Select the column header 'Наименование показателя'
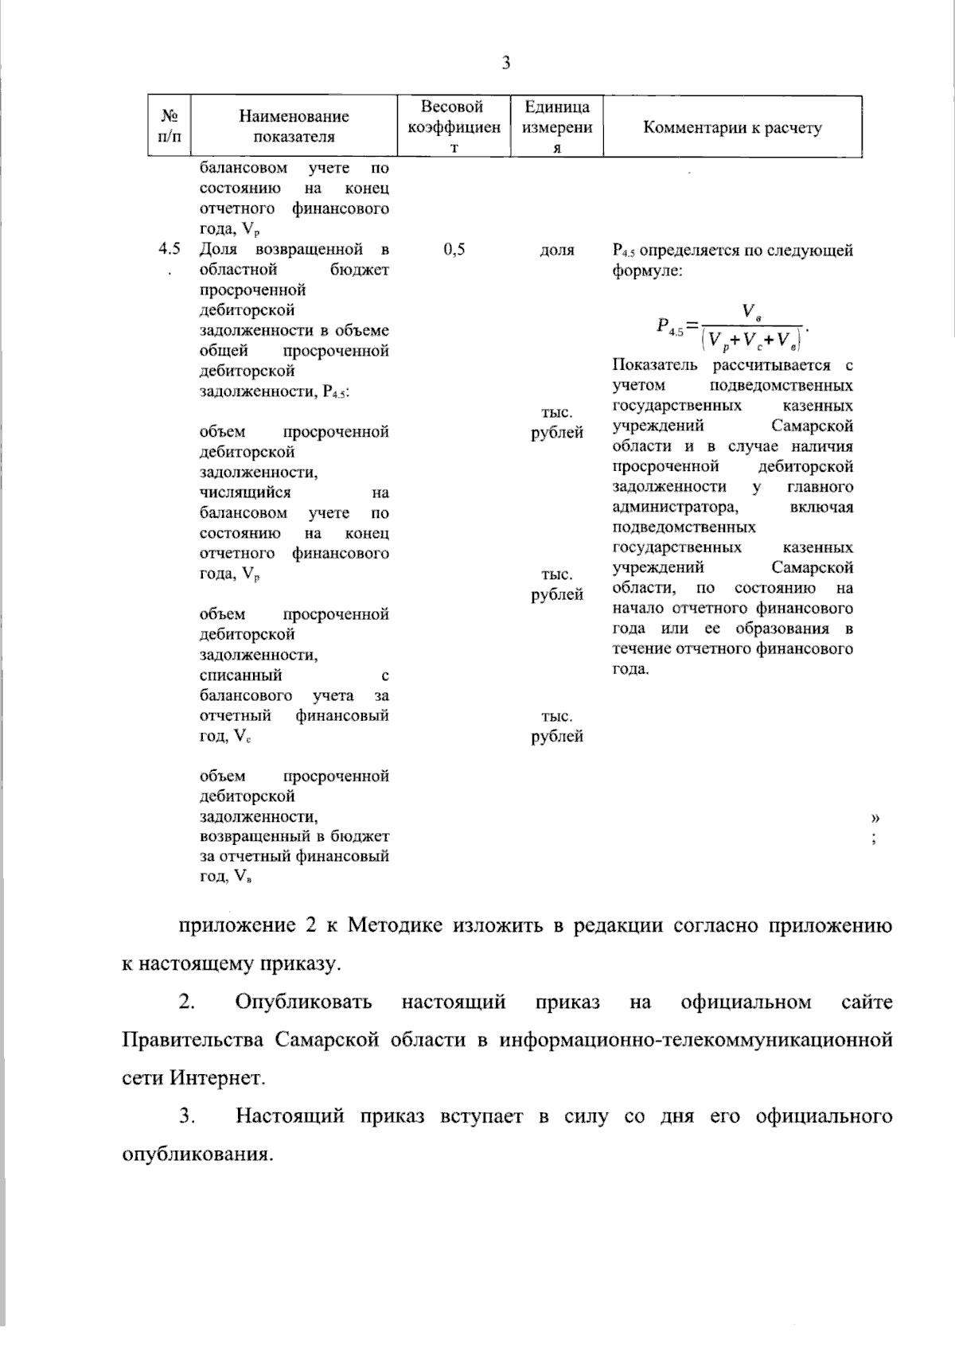coord(294,127)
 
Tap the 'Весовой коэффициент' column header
coord(453,127)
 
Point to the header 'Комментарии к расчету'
coord(732,127)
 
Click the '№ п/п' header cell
coord(170,127)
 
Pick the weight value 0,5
coord(454,250)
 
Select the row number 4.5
coord(170,250)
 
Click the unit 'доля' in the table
coord(557,250)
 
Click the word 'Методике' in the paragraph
coord(396,926)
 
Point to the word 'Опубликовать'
coord(303,1002)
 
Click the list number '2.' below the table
coord(187,1002)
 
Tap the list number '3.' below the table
coord(187,1116)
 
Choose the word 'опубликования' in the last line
coord(197,1154)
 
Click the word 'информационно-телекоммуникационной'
coord(696,1040)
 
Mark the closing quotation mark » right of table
coord(875,817)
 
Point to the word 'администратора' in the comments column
coord(676,507)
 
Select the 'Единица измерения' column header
coord(557,127)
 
